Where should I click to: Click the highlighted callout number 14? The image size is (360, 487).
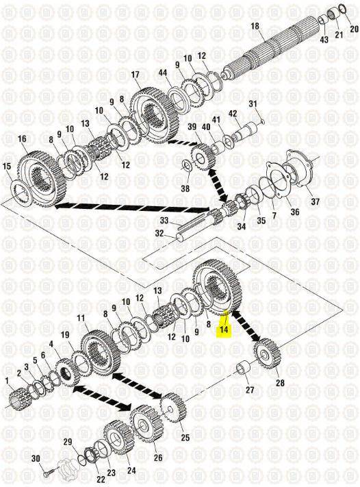[224, 329]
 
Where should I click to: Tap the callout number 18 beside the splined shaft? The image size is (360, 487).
[255, 26]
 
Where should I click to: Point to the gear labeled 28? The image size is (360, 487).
[267, 353]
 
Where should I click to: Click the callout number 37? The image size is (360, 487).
[315, 201]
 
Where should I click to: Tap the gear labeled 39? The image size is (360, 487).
[203, 159]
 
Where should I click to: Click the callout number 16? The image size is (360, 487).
[22, 139]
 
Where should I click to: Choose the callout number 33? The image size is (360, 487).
[164, 221]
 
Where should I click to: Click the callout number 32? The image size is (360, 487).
[159, 233]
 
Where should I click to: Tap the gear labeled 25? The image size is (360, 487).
[173, 408]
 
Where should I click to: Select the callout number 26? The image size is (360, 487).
[158, 457]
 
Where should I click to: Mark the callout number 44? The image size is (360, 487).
[163, 73]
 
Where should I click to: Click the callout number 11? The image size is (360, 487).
[81, 319]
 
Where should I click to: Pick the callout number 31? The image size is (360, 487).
[253, 103]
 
